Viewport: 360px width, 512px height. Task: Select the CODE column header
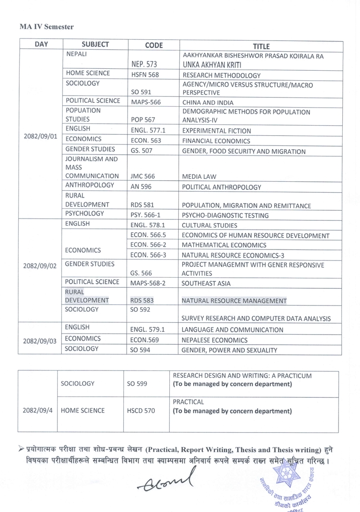153,45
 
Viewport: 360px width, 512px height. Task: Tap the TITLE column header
261,46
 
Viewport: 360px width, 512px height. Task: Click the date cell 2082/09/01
40,135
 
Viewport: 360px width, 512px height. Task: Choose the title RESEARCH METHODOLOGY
221,75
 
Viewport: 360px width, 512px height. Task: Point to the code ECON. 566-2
148,245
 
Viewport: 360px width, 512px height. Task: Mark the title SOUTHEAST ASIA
206,283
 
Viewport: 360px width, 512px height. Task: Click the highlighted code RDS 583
142,300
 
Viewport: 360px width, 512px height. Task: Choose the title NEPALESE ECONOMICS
215,340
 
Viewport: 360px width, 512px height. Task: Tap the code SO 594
140,350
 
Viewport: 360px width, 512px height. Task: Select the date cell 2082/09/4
38,410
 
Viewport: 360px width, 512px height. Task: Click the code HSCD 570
141,410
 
